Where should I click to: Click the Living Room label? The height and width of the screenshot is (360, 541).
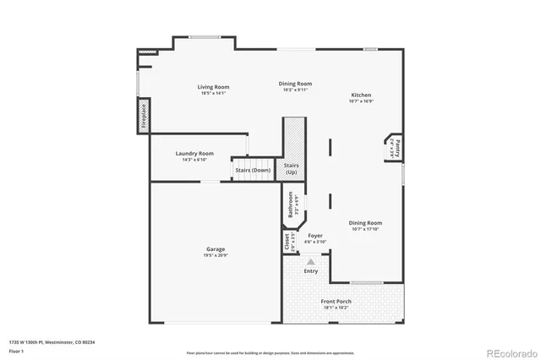[213, 87]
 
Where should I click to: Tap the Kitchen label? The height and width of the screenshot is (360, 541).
[361, 95]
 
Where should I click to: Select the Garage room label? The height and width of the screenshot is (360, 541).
[216, 249]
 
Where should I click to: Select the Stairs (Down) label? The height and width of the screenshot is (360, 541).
[253, 170]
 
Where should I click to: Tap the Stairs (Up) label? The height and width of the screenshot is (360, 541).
[291, 168]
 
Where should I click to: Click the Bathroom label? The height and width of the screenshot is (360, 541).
[291, 205]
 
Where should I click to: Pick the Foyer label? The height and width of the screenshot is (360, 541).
[315, 236]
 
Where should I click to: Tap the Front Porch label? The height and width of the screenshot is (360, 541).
[336, 302]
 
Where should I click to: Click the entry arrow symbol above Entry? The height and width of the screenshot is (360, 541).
[311, 263]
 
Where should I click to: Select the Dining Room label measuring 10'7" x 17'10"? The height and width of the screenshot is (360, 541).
[366, 222]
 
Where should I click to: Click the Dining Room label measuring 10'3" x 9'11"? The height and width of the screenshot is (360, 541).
[296, 84]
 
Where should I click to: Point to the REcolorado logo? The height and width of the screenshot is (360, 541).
[510, 352]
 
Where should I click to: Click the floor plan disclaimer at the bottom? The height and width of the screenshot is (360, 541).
[270, 352]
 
